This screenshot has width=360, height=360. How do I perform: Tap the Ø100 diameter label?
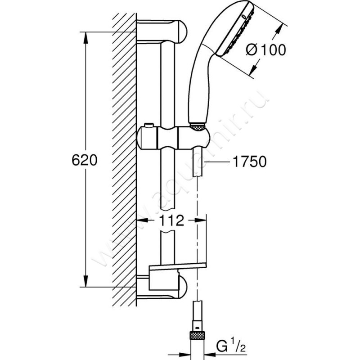coord(265,50)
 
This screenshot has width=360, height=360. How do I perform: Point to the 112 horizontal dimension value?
coord(171,220)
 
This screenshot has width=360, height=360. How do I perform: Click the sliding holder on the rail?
coord(173,138)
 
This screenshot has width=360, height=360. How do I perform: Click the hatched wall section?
coord(124,157)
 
